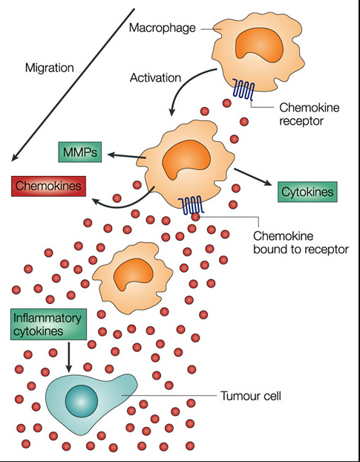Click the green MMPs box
(80, 152)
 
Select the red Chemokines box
(48, 186)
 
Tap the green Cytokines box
(307, 192)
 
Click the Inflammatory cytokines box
(48, 325)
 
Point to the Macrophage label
(163, 28)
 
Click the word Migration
(50, 68)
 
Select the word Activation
(155, 78)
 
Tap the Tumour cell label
(251, 396)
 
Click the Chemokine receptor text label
(309, 114)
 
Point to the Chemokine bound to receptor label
(301, 242)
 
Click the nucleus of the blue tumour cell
(81, 401)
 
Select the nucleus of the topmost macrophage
(259, 45)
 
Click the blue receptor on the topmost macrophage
(243, 89)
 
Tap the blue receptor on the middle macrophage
(191, 204)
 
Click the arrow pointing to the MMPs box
(127, 156)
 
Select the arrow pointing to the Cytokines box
(253, 177)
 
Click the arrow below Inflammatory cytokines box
(68, 357)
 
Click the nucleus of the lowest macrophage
(134, 275)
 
